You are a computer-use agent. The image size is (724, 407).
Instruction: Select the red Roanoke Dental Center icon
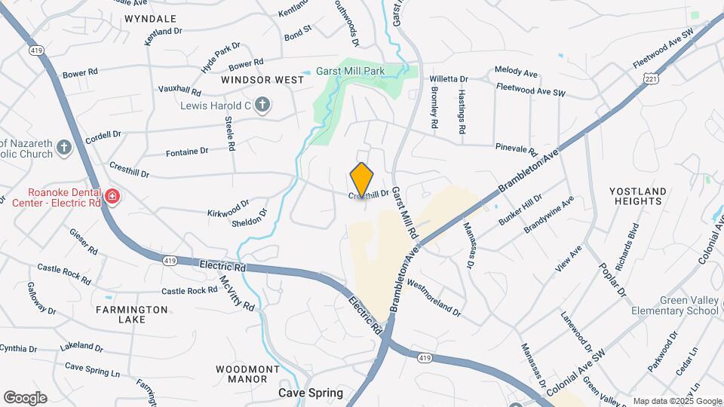pyautogui.click(x=112, y=197)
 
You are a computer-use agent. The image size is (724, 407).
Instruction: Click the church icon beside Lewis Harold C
pyautogui.click(x=262, y=105)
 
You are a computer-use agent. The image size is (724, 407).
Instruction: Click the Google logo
pyautogui.click(x=25, y=398)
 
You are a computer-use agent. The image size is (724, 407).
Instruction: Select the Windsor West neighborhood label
pyautogui.click(x=262, y=79)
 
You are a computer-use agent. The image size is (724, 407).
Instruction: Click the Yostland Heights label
pyautogui.click(x=637, y=196)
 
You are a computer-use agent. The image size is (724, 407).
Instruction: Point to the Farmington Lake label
pyautogui.click(x=132, y=314)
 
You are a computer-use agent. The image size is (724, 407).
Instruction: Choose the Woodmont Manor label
pyautogui.click(x=247, y=374)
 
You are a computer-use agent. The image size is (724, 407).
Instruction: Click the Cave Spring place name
pyautogui.click(x=311, y=393)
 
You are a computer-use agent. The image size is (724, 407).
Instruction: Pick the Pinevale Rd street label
pyautogui.click(x=516, y=148)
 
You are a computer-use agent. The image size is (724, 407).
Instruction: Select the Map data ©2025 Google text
pyautogui.click(x=677, y=401)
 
